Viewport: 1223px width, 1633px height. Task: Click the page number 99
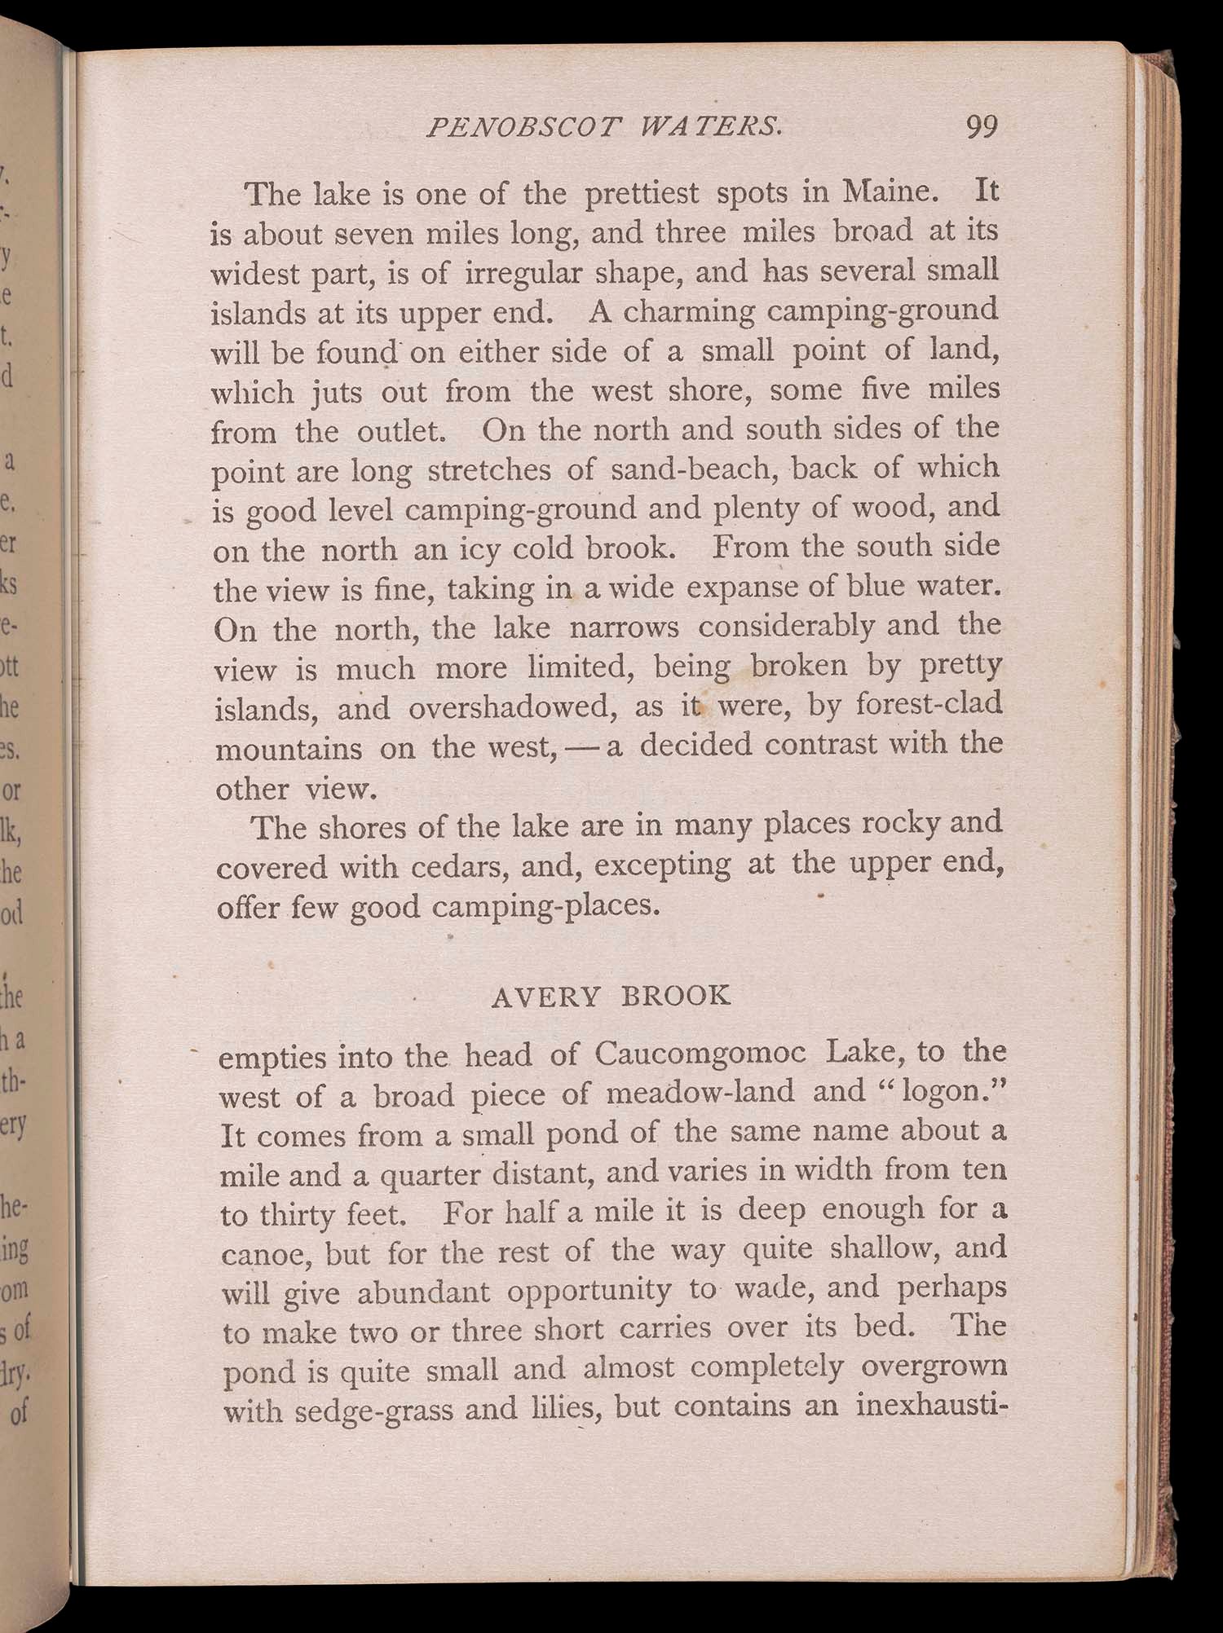(981, 127)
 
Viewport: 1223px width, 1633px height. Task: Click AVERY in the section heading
(546, 997)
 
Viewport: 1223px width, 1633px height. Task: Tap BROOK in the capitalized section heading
(676, 996)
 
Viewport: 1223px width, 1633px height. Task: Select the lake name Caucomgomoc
(700, 1054)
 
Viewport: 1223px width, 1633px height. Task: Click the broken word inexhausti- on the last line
(933, 1406)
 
